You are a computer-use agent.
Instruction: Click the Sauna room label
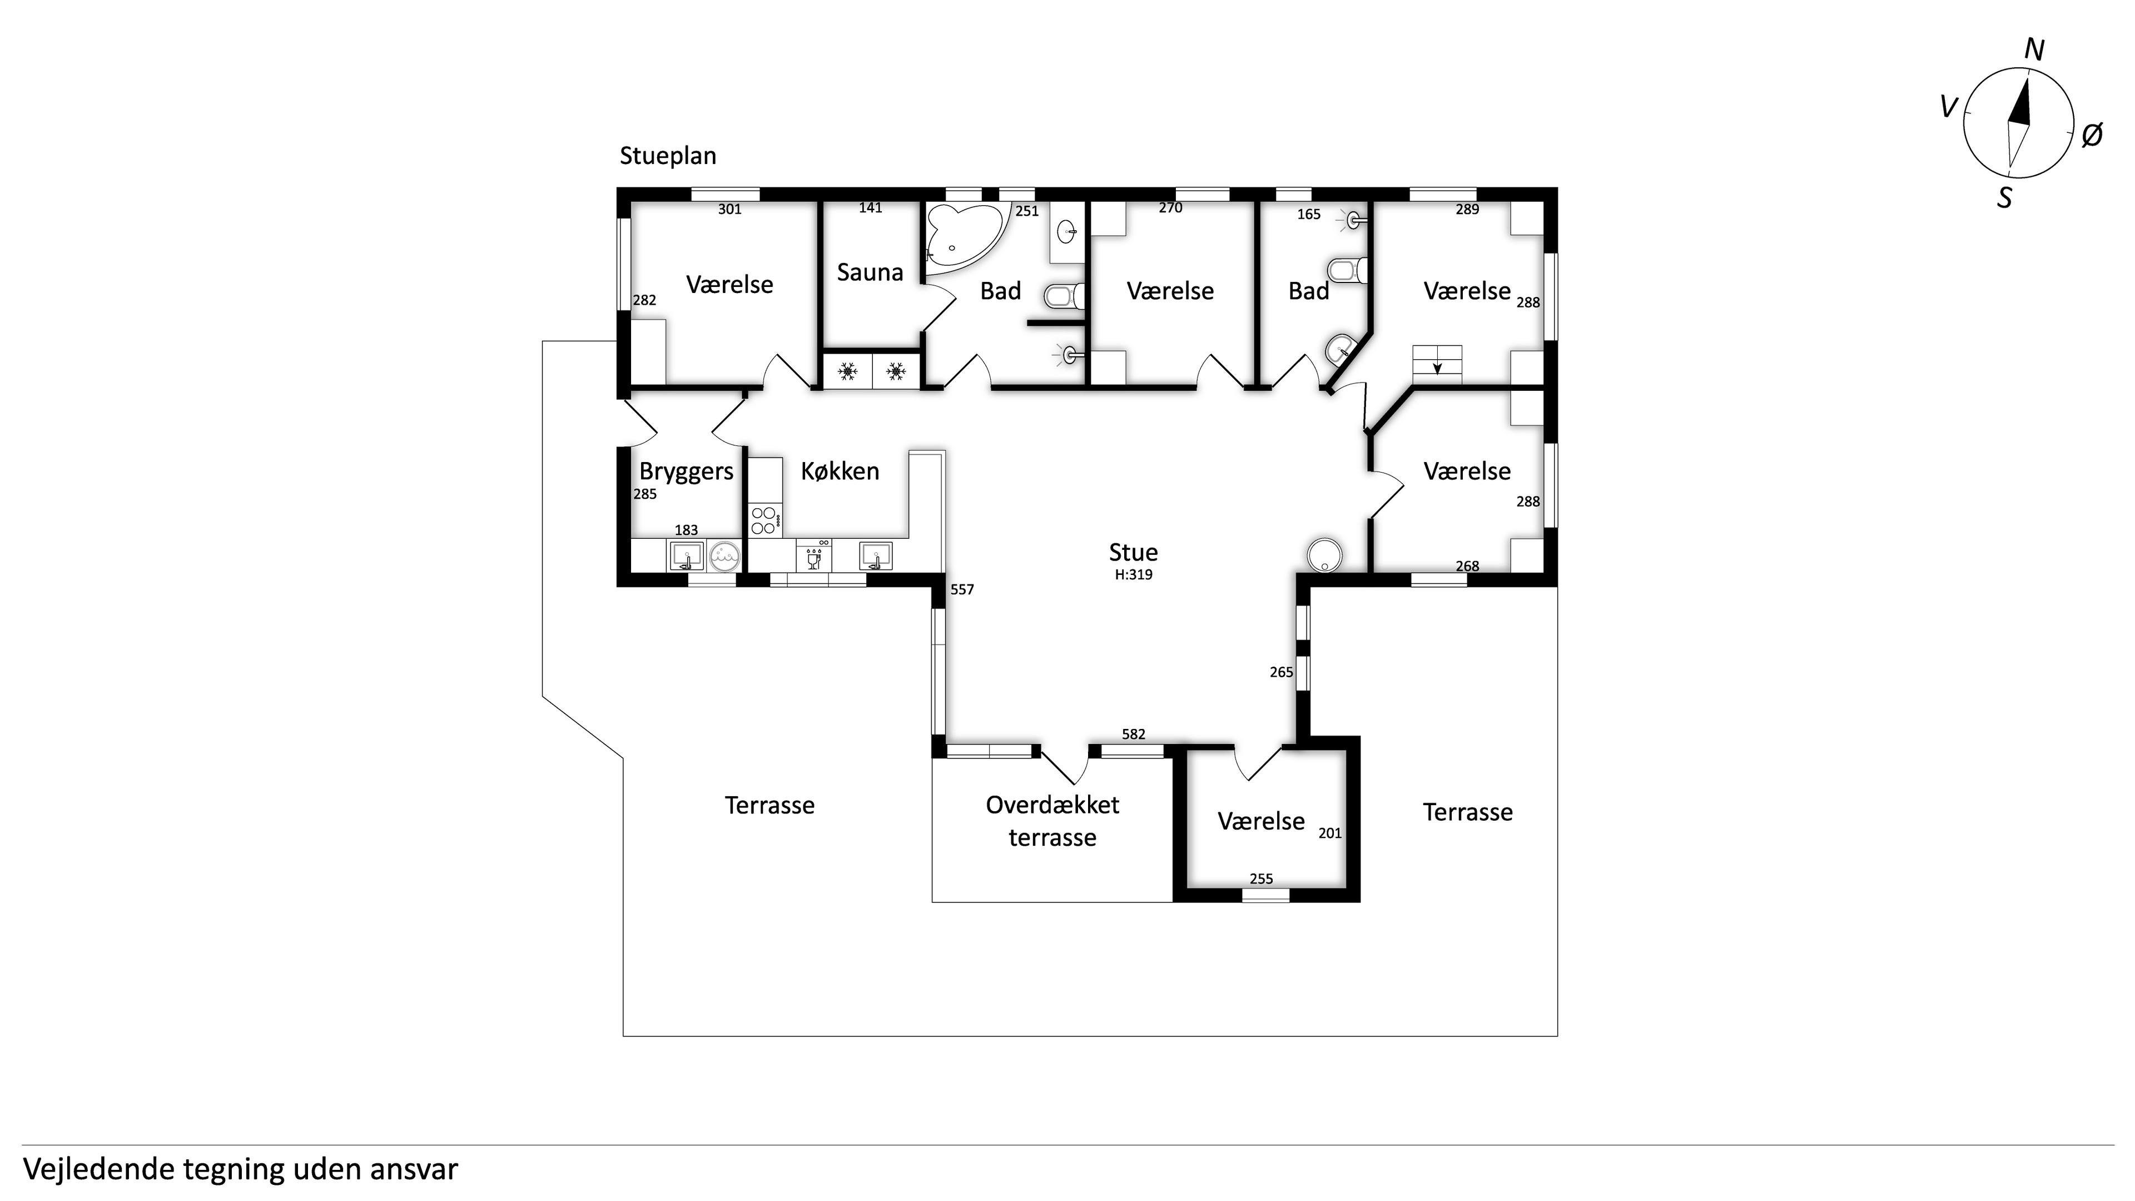[x=870, y=272]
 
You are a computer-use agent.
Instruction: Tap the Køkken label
[x=840, y=471]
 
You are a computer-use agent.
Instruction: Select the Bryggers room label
[x=686, y=472]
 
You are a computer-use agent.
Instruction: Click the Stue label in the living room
[x=1133, y=552]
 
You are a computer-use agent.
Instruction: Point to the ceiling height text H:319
[x=1133, y=574]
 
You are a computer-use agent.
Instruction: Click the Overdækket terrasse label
[x=1052, y=821]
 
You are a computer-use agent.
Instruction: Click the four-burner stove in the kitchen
[x=764, y=520]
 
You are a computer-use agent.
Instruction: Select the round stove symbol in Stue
[x=1324, y=554]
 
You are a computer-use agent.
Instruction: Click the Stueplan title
[x=668, y=156]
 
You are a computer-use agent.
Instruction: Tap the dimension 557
[x=961, y=589]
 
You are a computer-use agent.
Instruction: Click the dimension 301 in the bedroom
[x=729, y=209]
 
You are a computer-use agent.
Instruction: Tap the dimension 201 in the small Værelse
[x=1329, y=833]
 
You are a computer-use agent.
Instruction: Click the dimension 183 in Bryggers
[x=686, y=530]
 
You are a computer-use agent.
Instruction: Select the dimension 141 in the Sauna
[x=870, y=208]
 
